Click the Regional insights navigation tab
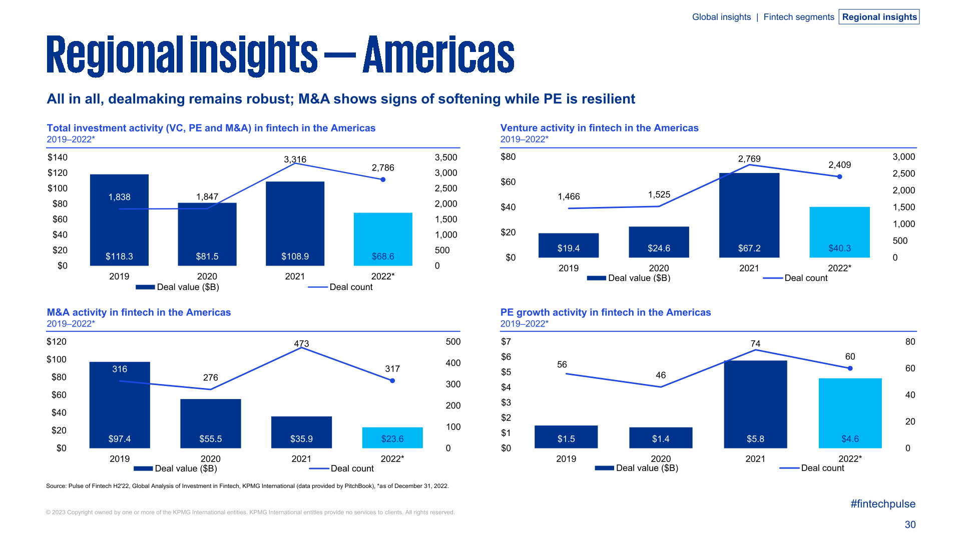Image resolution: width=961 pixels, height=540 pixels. click(879, 17)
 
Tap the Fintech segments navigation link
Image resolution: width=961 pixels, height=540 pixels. click(798, 17)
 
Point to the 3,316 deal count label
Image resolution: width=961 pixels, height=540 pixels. click(295, 159)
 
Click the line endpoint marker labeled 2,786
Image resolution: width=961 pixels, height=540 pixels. click(383, 179)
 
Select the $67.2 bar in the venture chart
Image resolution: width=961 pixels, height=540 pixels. click(749, 215)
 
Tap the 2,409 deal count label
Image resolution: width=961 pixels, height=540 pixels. click(839, 165)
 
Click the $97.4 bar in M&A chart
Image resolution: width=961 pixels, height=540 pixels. click(120, 405)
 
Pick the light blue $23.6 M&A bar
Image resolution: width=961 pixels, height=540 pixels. click(392, 437)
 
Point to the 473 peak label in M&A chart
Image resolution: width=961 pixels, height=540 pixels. click(301, 343)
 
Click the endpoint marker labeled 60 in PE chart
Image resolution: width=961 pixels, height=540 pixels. click(850, 368)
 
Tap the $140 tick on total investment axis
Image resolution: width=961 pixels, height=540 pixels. click(58, 157)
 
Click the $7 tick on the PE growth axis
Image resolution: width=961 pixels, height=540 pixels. click(506, 342)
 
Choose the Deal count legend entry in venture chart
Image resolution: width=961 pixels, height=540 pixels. click(805, 278)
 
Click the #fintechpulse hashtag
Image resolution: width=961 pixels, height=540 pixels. click(882, 504)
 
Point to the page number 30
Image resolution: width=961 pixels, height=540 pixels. click(909, 524)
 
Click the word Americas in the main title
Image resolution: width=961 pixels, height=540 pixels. click(438, 55)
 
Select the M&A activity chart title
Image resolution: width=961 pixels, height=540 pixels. click(139, 312)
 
